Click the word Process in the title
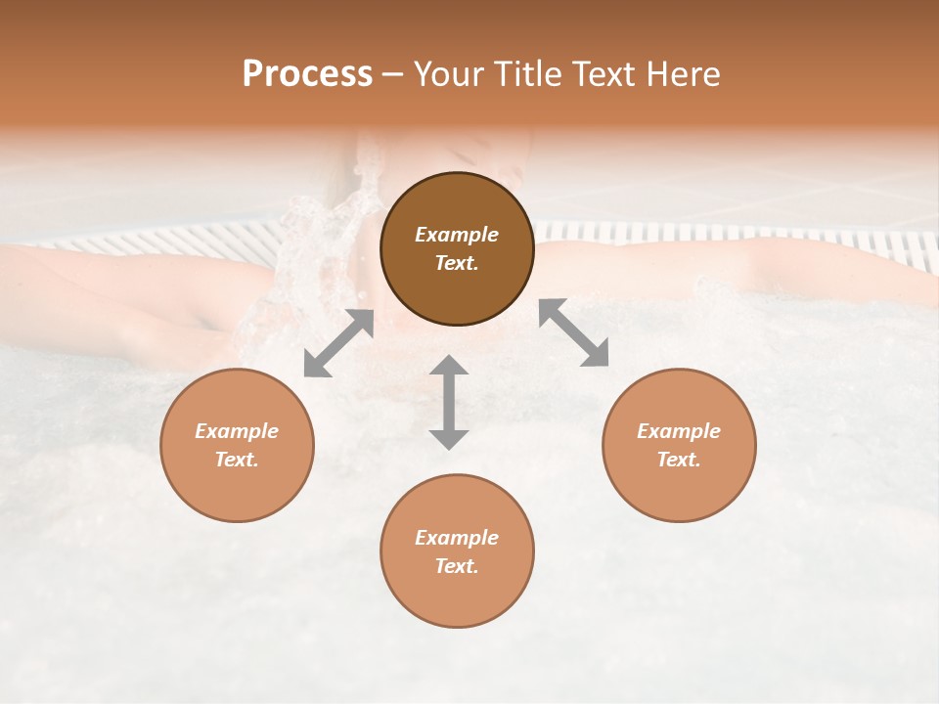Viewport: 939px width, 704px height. coord(307,74)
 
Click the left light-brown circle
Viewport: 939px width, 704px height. coord(237,445)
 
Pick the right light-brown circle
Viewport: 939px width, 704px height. coord(679,445)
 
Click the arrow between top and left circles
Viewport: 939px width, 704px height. coord(338,343)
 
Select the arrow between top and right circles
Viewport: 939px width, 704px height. coord(574,332)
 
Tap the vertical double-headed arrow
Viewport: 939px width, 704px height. coord(449,402)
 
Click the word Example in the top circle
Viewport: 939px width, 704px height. coord(457,235)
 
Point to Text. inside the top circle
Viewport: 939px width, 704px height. coord(457,263)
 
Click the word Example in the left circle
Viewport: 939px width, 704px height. coord(237,431)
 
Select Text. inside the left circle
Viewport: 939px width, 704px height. coord(237,460)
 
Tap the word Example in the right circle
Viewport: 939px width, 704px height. coord(679,431)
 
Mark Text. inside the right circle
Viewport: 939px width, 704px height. coord(679,460)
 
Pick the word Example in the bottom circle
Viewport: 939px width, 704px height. coord(457,538)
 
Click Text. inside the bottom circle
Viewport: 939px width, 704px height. coord(457,566)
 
